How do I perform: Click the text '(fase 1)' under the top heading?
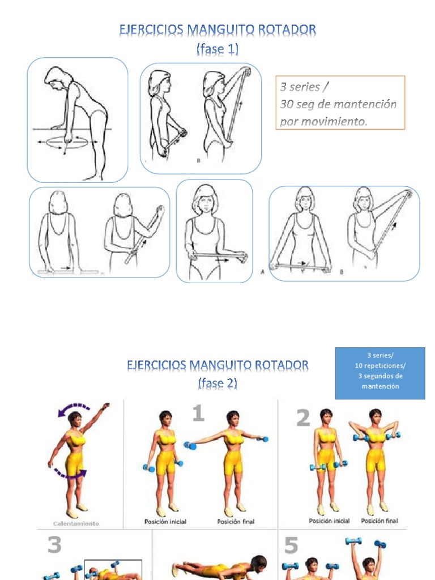pos(217,50)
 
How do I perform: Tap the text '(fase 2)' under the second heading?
pos(217,383)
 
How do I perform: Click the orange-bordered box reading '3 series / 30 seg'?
pos(340,103)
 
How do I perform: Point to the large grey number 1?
pos(198,413)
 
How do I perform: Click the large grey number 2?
pos(303,419)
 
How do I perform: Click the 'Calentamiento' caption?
pos(76,523)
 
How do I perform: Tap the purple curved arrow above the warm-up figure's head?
pos(74,408)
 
